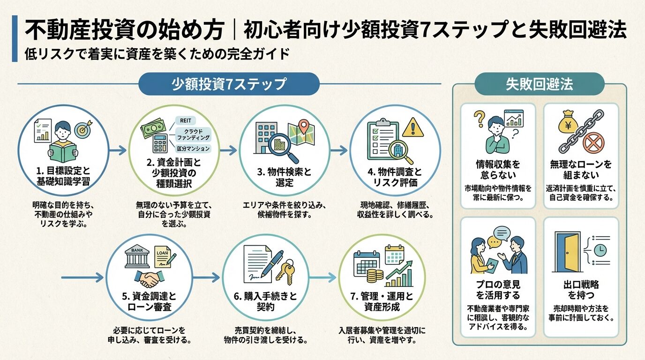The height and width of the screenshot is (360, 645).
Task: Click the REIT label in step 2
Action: (x=184, y=120)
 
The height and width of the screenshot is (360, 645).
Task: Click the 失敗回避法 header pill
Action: (x=539, y=84)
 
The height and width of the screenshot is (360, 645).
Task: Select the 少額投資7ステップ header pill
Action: (x=229, y=84)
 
